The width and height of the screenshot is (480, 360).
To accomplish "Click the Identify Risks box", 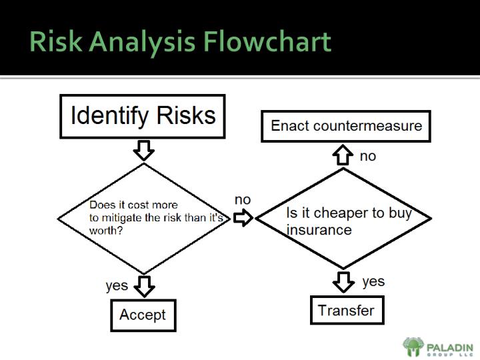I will click(x=143, y=116).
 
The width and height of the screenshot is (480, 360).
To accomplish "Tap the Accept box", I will click(x=143, y=315).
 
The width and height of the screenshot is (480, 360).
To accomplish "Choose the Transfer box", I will click(x=347, y=310).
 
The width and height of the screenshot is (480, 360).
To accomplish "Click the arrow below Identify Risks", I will click(x=144, y=149).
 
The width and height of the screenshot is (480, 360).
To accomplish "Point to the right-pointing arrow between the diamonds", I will click(x=244, y=218).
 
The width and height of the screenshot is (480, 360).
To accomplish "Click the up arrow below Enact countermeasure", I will click(x=343, y=155).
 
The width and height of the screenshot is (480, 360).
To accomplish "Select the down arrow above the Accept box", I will click(x=144, y=286).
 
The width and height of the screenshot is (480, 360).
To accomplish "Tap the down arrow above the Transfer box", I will click(x=343, y=281).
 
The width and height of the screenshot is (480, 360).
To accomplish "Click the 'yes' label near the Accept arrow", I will click(x=117, y=285).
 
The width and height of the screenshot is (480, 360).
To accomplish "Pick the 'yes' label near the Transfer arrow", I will click(x=373, y=281).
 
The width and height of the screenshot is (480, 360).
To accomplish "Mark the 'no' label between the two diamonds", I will click(x=243, y=200).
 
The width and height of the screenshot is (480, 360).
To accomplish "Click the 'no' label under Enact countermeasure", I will click(x=368, y=156).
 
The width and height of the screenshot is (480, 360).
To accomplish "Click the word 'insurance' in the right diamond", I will click(x=319, y=230).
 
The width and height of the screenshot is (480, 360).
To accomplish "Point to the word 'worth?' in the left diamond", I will click(x=106, y=230).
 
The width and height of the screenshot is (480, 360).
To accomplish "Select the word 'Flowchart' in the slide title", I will click(x=267, y=41).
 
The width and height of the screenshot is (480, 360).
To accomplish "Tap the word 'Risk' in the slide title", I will click(x=56, y=41).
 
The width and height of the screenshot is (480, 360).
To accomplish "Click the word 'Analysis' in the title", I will click(x=143, y=41).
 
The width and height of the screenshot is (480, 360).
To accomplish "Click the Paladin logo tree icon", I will click(x=413, y=347).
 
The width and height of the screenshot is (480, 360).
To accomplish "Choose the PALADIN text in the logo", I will click(x=450, y=347).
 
